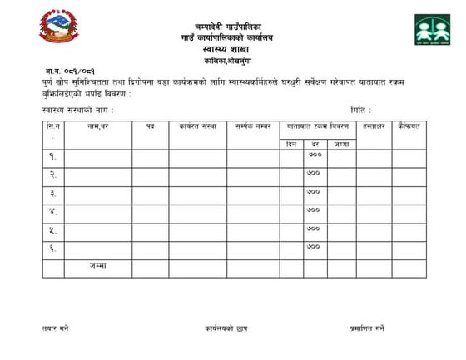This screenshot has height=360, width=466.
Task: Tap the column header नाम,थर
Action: tap(98, 126)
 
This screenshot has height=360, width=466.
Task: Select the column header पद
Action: tap(150, 126)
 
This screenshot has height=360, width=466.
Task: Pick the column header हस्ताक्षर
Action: tap(373, 126)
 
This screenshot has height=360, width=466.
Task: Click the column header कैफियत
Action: tap(409, 126)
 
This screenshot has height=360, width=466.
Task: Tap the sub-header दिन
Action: tap(291, 144)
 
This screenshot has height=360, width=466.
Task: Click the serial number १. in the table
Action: tap(52, 155)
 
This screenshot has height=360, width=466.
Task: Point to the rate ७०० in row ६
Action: tap(314, 247)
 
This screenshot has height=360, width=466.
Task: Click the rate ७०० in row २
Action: tap(314, 174)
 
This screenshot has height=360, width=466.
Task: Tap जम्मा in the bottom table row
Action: tap(98, 266)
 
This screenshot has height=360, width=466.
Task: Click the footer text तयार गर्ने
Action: tap(56, 328)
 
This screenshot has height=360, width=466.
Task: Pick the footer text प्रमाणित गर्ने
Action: tap(367, 328)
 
